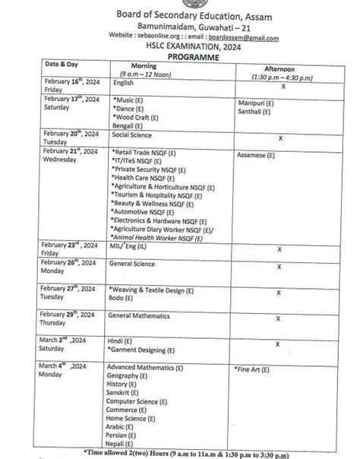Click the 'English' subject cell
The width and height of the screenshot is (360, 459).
(122, 82)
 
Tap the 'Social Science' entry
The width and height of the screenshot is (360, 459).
(131, 135)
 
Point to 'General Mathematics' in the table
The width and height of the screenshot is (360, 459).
(139, 316)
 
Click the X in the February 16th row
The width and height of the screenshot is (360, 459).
(282, 87)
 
